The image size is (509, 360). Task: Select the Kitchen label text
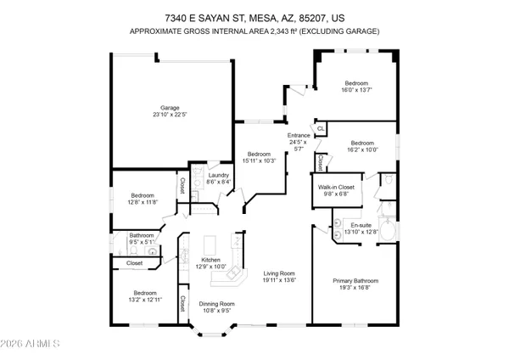tap(210, 260)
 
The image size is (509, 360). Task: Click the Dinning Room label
tap(216, 303)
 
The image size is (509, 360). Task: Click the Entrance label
tap(299, 135)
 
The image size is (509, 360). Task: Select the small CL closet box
tap(321, 129)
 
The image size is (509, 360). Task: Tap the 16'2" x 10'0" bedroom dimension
tap(364, 149)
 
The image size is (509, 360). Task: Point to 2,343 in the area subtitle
tap(303, 31)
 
